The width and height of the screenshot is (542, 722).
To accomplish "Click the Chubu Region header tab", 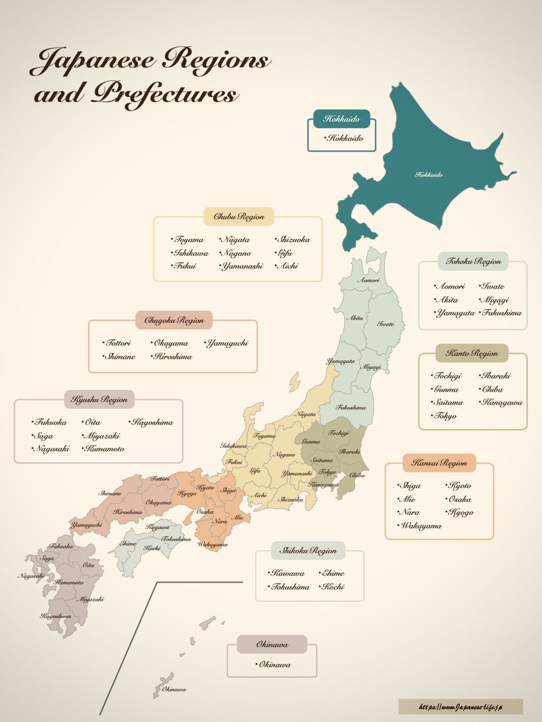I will (239, 217).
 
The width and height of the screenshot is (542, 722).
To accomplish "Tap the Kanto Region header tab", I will (471, 353).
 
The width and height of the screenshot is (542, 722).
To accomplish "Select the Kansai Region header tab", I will (439, 463).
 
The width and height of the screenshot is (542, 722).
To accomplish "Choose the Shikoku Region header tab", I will (308, 550).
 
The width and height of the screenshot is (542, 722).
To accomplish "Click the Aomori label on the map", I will (368, 280).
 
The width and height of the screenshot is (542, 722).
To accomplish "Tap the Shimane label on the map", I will (110, 494).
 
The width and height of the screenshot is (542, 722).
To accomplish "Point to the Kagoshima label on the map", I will (56, 616).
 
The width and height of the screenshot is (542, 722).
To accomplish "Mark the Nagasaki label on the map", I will (31, 576).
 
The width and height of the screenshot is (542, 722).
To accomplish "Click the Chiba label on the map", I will (357, 475).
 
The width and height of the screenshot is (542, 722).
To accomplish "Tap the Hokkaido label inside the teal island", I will (429, 174).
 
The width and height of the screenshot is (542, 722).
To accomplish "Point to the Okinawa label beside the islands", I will (174, 690).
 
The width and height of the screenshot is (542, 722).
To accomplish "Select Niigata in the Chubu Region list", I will (236, 240).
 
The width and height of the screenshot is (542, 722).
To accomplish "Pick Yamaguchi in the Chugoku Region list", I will (227, 343).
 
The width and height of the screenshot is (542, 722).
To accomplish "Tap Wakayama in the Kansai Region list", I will (421, 526).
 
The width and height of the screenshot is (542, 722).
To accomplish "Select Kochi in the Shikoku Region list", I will (333, 587).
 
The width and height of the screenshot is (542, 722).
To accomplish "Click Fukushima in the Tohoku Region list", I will (502, 313).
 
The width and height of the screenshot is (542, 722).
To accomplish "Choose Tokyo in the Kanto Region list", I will (445, 416).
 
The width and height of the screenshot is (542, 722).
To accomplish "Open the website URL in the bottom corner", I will (460, 706).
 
